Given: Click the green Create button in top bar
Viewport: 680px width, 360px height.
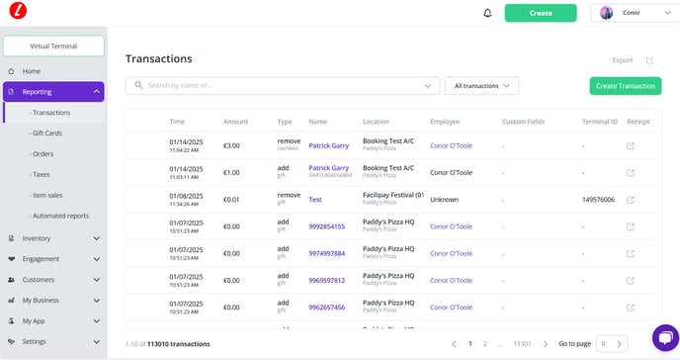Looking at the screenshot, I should (540, 13).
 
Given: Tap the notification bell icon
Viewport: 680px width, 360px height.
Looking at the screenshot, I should (487, 13).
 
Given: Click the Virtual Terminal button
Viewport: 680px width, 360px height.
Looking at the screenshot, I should (53, 45).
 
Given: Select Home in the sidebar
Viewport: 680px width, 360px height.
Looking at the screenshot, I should (32, 71).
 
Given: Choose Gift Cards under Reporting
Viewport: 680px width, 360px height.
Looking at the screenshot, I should (48, 133).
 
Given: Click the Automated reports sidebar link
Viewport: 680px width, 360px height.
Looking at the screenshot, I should (60, 215).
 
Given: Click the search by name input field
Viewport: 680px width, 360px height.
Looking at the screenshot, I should (282, 86).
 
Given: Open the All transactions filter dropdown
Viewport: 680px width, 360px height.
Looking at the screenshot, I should (481, 86).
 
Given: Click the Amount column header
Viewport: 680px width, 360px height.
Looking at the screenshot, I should (235, 122).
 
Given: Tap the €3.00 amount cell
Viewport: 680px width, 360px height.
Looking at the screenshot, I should (231, 145).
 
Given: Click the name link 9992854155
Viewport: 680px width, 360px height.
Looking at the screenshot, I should (326, 226).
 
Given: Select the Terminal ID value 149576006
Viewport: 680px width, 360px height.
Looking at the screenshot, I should (598, 199).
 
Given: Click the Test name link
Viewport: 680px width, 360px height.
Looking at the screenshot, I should (315, 199).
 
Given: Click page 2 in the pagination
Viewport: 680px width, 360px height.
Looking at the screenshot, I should (485, 343).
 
